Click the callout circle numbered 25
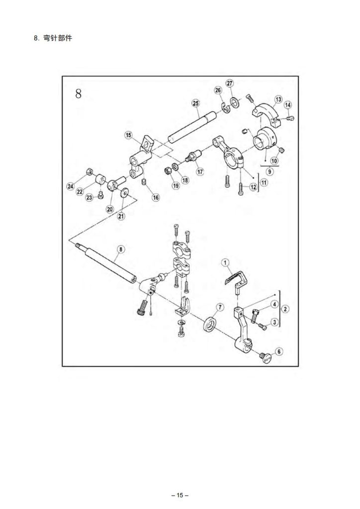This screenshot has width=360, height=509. point(195,103)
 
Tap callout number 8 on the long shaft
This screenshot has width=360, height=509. point(120,249)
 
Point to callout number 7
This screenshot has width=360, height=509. point(220,306)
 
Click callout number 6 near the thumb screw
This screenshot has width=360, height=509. point(278,351)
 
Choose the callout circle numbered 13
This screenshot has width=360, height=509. point(278,99)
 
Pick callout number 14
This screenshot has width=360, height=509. point(288,104)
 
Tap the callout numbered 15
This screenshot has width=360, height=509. point(128,135)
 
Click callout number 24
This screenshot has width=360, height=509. point(70,186)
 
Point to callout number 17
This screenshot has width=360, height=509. point(200,171)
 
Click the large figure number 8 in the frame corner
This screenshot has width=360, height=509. point(79,93)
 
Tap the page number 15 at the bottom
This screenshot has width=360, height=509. point(180,495)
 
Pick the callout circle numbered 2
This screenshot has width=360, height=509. point(285,309)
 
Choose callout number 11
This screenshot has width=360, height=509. point(264,182)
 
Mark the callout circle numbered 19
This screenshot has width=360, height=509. point(176,185)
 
